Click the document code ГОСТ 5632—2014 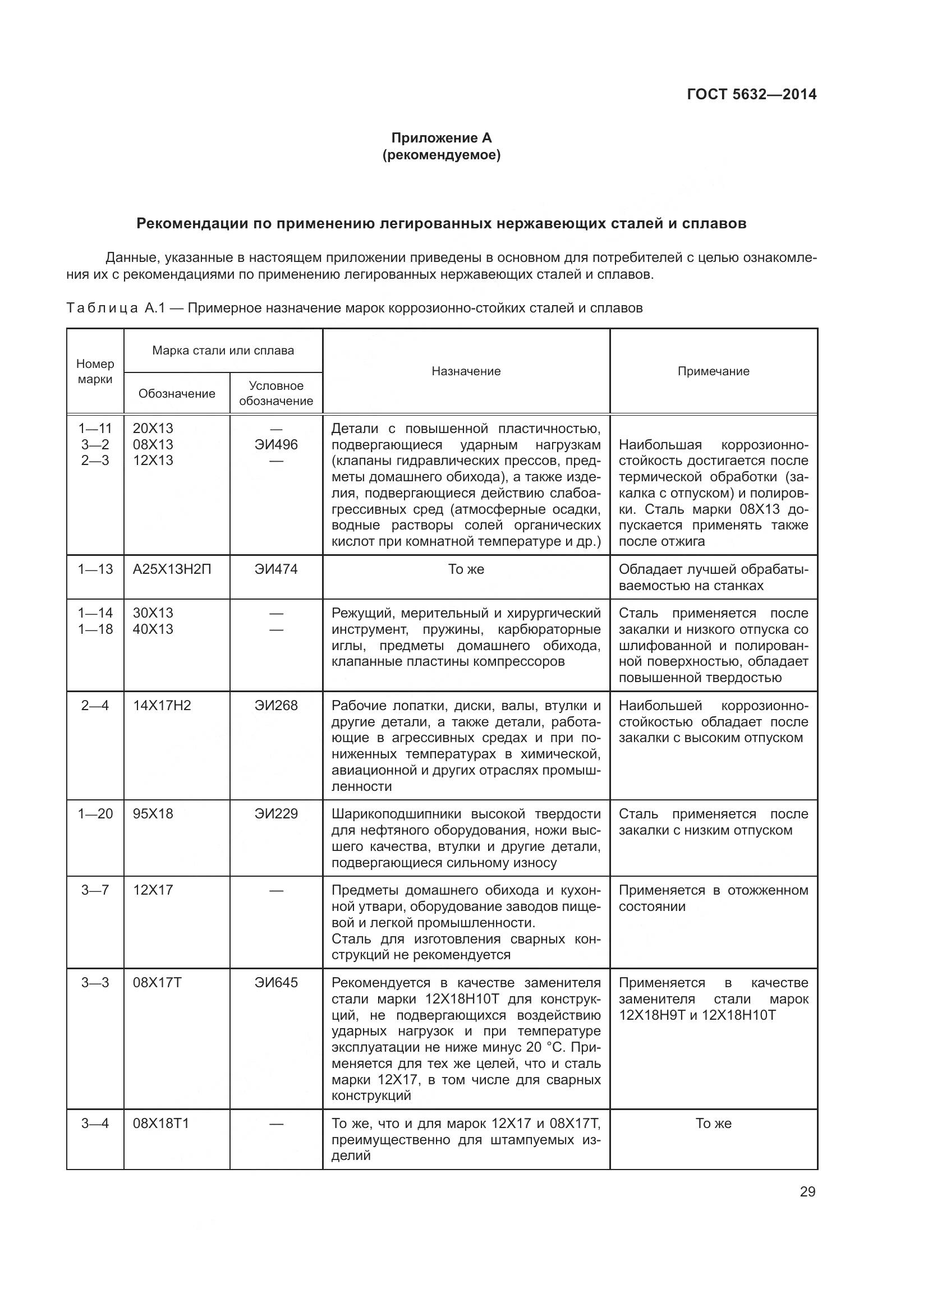pyautogui.click(x=751, y=94)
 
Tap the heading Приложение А pyautogui.click(x=441, y=138)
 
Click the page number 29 pyautogui.click(x=807, y=1191)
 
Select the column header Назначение pyautogui.click(x=466, y=371)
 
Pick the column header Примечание pyautogui.click(x=713, y=371)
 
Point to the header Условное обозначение pyautogui.click(x=276, y=393)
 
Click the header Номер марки pyautogui.click(x=95, y=371)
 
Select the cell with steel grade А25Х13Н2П pyautogui.click(x=172, y=569)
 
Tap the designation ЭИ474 pyautogui.click(x=276, y=569)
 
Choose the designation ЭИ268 pyautogui.click(x=276, y=706)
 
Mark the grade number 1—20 pyautogui.click(x=95, y=814)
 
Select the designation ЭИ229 pyautogui.click(x=276, y=814)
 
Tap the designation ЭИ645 pyautogui.click(x=276, y=983)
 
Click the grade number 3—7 pyautogui.click(x=95, y=890)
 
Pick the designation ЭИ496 pyautogui.click(x=276, y=445)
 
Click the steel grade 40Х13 pyautogui.click(x=153, y=629)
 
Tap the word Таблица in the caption pyautogui.click(x=102, y=309)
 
